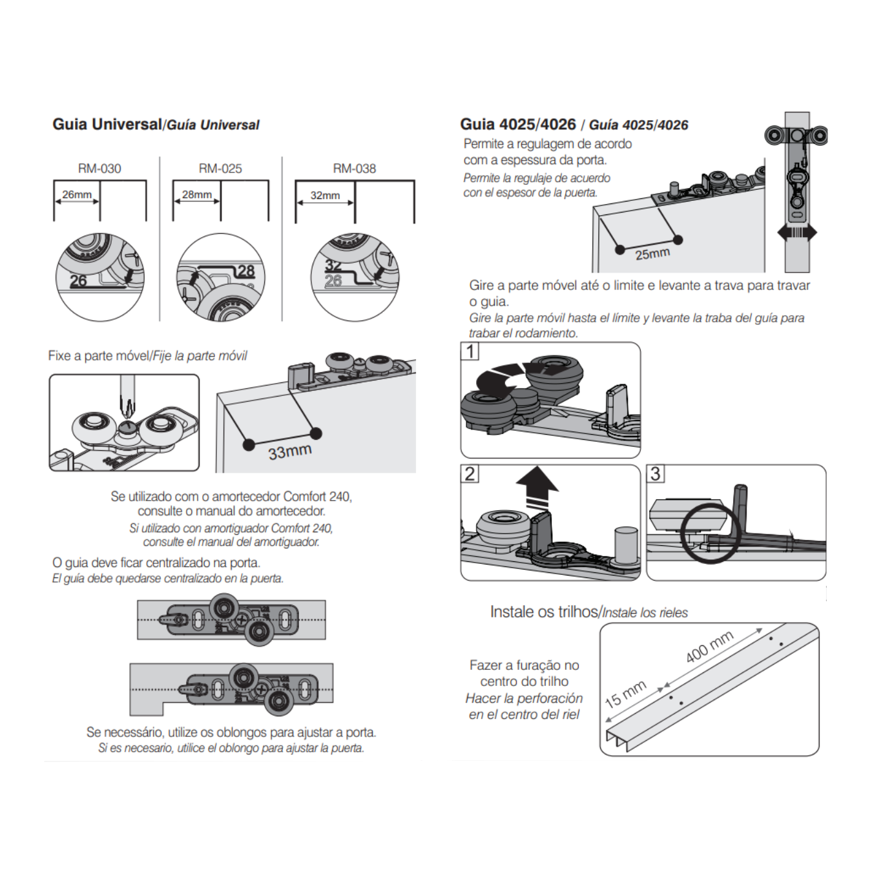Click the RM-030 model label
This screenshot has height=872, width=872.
coord(99,169)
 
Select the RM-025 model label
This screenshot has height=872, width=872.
coord(220,169)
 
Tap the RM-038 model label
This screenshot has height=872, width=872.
coord(354,169)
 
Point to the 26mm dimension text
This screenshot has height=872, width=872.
coord(77,194)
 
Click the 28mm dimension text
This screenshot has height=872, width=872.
coord(196,194)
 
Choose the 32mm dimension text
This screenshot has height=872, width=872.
coord(325,195)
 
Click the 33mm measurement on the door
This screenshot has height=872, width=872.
coord(290,452)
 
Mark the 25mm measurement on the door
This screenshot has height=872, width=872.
coord(652,254)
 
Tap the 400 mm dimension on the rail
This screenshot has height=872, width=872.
coord(709,647)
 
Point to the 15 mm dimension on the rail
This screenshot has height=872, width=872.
coord(625,694)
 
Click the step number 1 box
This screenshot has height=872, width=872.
coord(470,351)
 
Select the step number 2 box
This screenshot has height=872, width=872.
coord(470,473)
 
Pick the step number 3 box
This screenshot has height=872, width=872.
coord(656,473)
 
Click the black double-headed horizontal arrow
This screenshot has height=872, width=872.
coord(797,233)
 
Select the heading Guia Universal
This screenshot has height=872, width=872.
coord(107,124)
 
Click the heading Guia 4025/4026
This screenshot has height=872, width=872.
coord(517,124)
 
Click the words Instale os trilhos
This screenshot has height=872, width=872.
coord(544,612)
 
